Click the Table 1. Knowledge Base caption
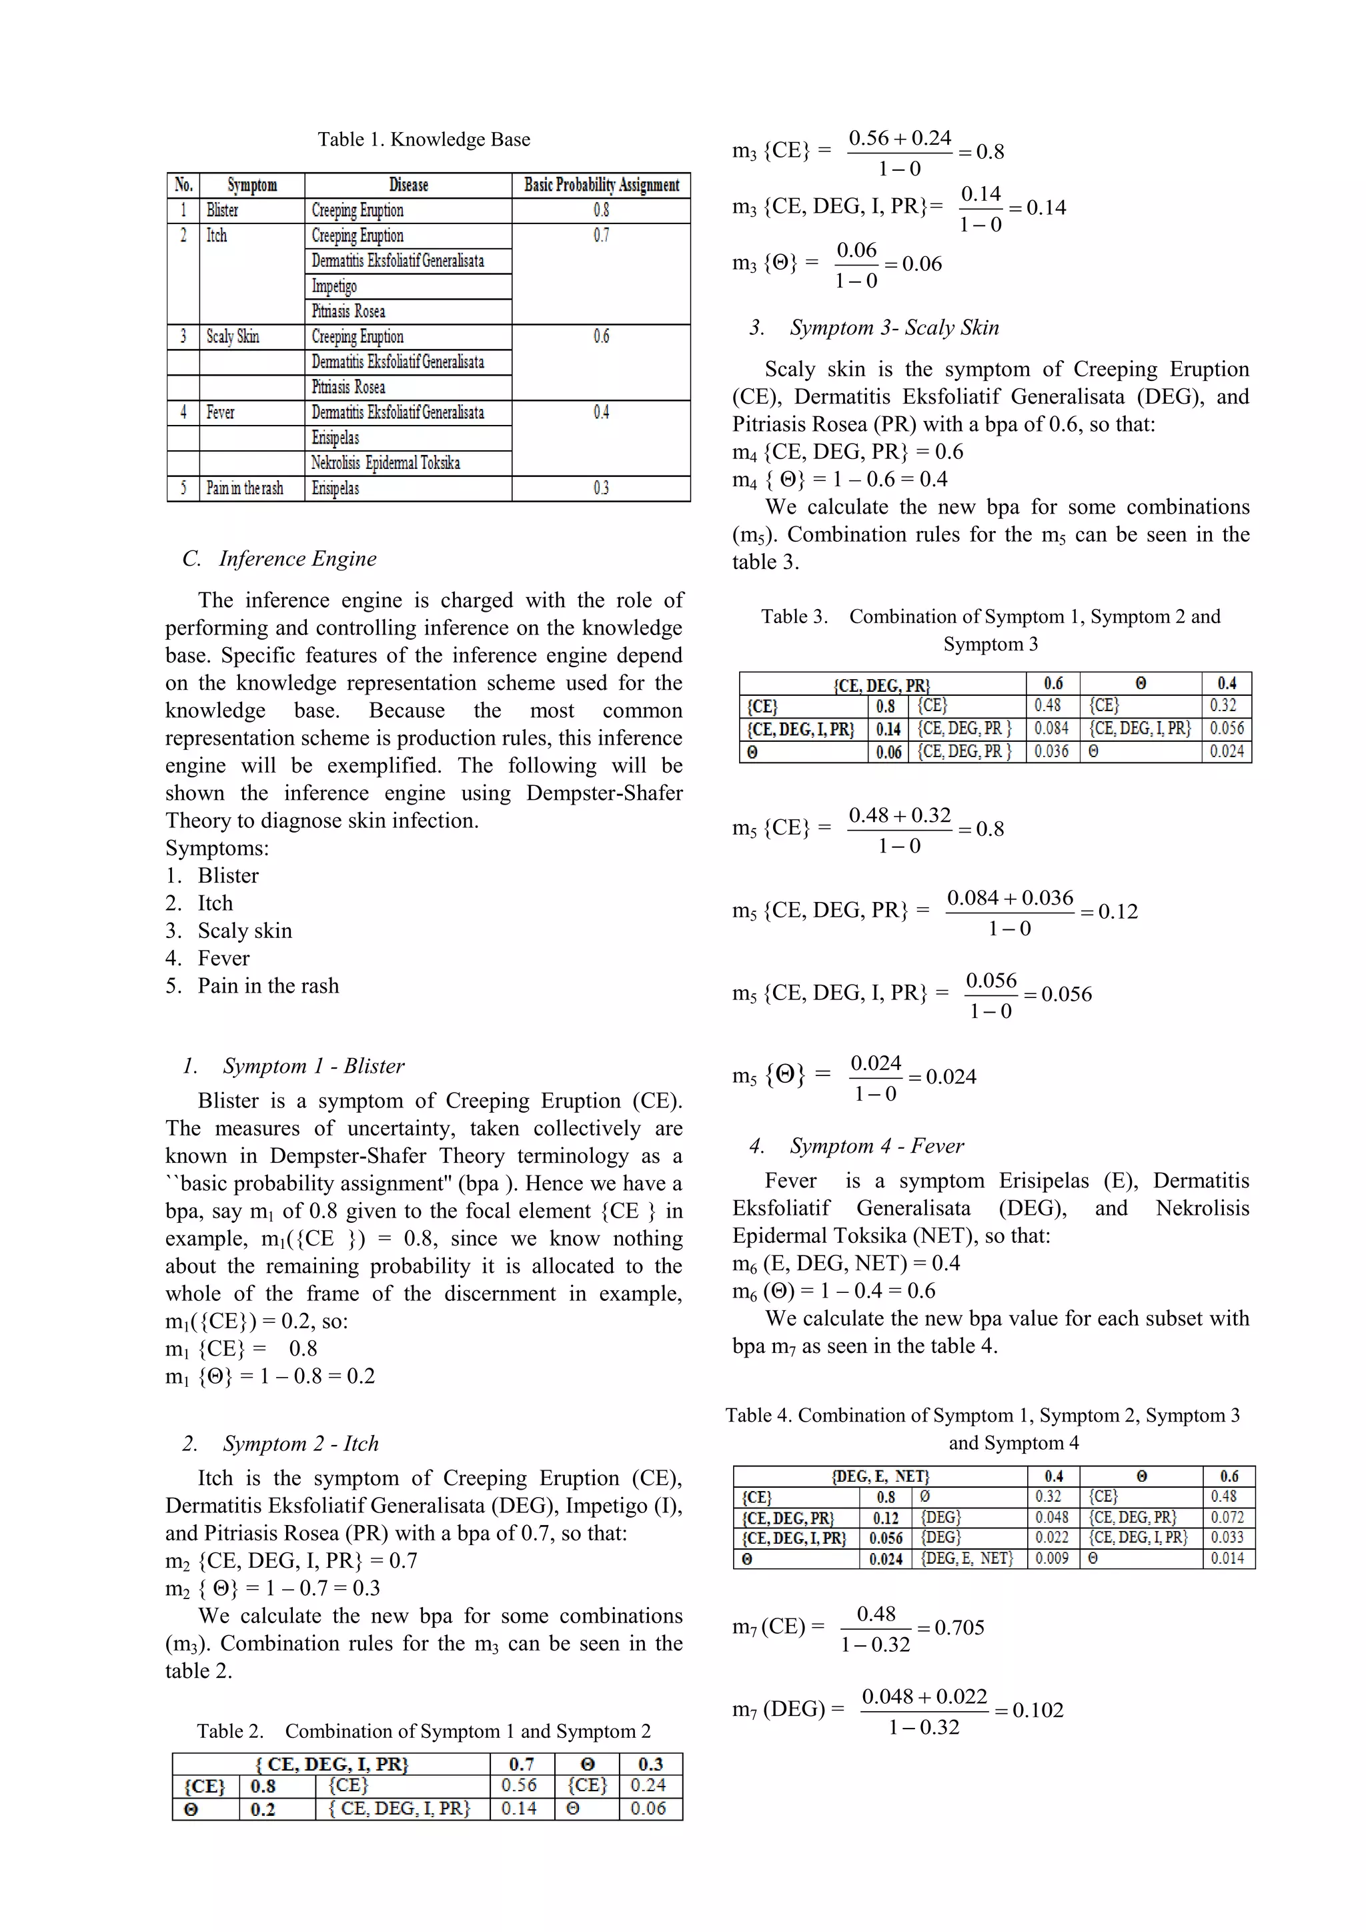point(424,139)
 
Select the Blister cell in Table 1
point(223,210)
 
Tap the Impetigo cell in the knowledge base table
point(335,286)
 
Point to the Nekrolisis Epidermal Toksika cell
point(386,463)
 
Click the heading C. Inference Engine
point(279,559)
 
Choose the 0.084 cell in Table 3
point(1051,729)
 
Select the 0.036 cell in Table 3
point(1051,751)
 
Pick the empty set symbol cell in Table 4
point(925,1497)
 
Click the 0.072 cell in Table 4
point(1227,1517)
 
